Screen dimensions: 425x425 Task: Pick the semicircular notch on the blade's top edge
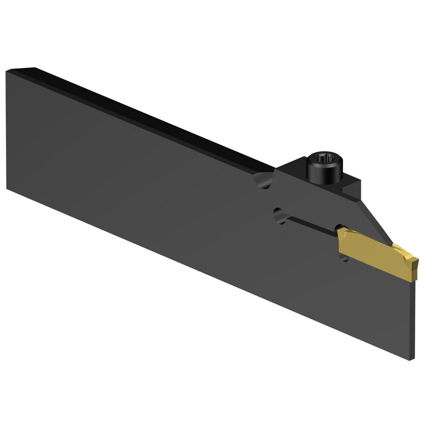263,181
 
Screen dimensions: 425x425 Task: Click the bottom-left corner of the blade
7,189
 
